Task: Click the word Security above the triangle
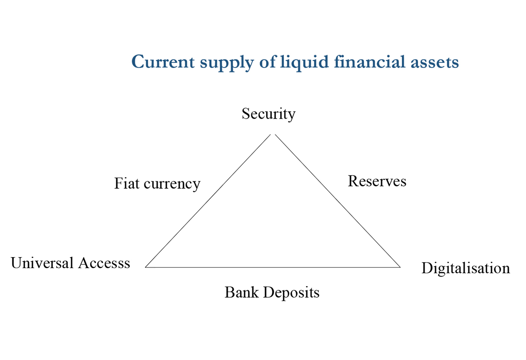268,114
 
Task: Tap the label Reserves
377,181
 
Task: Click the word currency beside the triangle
172,184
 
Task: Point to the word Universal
42,263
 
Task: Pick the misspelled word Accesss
104,263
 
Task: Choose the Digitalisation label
465,268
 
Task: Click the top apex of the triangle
273,134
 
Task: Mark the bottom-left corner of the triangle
146,267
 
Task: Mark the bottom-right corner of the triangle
400,267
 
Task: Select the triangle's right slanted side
337,201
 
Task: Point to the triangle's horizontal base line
272,267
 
